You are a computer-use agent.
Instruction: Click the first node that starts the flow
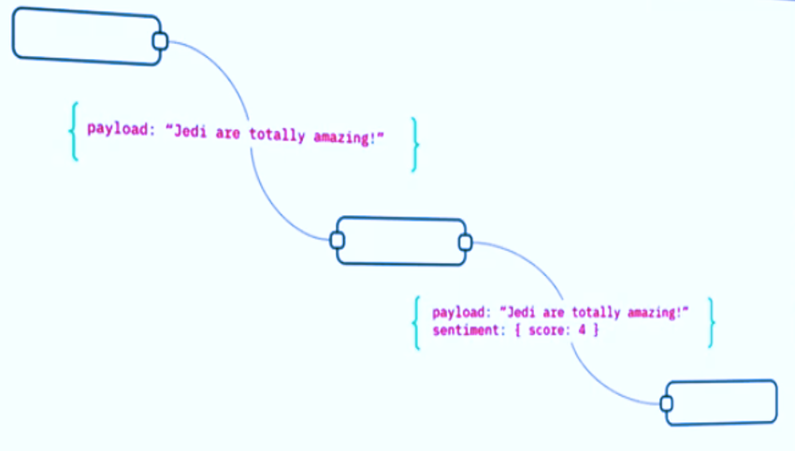coord(84,38)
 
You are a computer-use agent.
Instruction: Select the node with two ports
coord(400,241)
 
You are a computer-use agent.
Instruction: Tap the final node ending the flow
coord(723,402)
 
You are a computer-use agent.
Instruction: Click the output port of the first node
coord(160,41)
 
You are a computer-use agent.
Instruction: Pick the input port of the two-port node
coord(338,241)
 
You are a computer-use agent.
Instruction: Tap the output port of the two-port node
coord(464,243)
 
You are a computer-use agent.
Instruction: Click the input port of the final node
coord(667,403)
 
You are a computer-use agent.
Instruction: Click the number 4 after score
coord(580,330)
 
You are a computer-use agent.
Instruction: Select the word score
coord(549,330)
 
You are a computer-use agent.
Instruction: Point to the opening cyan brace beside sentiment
coord(417,322)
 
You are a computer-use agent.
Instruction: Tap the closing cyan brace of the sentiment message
coord(712,323)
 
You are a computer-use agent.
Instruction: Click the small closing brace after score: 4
coord(594,330)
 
